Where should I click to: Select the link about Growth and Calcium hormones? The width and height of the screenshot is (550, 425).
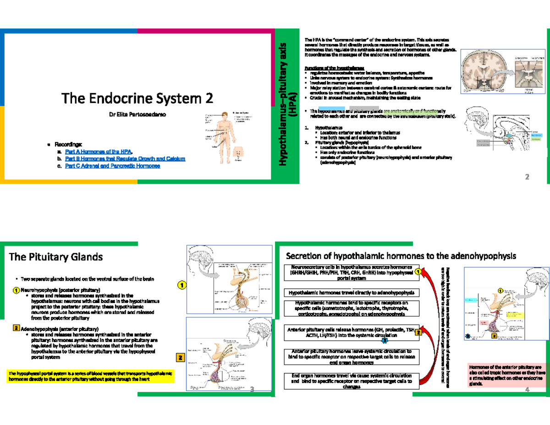click(x=125, y=159)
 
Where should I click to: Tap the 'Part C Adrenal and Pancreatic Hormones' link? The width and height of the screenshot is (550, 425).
click(x=113, y=166)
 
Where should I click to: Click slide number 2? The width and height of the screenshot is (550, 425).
click(x=527, y=177)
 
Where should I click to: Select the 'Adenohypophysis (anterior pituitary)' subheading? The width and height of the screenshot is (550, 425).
click(x=60, y=329)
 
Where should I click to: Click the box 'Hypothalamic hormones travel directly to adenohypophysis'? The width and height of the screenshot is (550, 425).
click(x=351, y=293)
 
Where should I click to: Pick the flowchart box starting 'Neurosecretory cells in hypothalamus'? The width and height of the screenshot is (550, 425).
click(x=351, y=273)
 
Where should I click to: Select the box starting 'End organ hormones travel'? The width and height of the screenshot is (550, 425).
click(x=351, y=381)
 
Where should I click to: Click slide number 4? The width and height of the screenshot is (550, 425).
click(x=527, y=389)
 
